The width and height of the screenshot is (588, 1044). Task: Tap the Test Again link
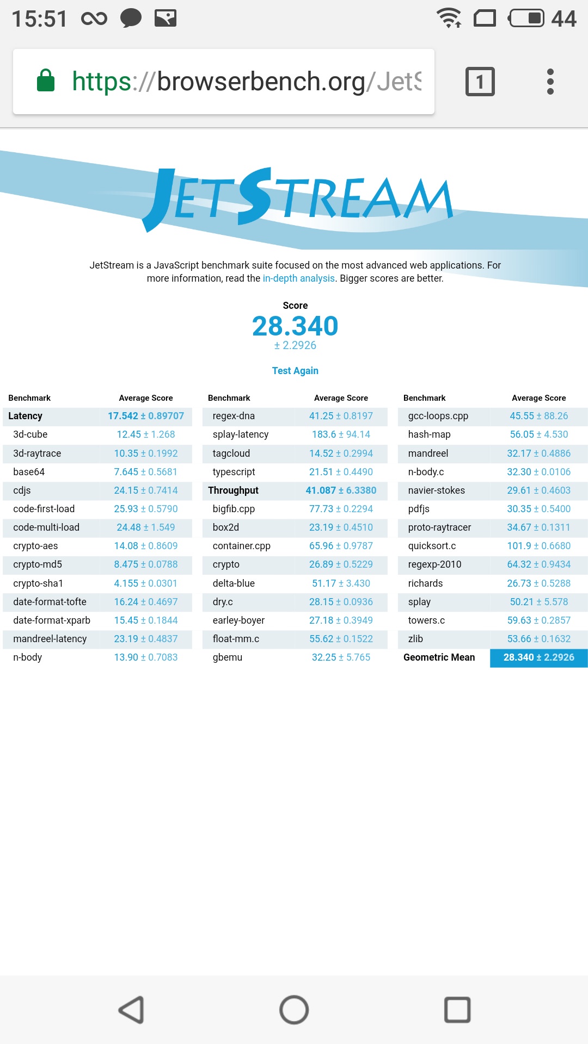pyautogui.click(x=295, y=371)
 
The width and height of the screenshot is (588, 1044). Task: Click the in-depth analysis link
pyautogui.click(x=298, y=278)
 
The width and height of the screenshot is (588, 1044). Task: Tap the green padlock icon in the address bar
pyautogui.click(x=46, y=80)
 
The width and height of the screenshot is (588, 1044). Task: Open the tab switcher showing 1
pyautogui.click(x=480, y=82)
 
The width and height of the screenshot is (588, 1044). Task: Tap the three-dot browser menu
pyautogui.click(x=550, y=82)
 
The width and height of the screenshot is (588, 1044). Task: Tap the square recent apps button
pyautogui.click(x=457, y=1010)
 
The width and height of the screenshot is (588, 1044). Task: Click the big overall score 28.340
pyautogui.click(x=295, y=326)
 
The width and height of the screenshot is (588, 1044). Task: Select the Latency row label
pyautogui.click(x=25, y=416)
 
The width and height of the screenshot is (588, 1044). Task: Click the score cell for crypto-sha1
pyautogui.click(x=145, y=583)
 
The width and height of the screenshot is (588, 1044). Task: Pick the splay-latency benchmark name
pyautogui.click(x=241, y=434)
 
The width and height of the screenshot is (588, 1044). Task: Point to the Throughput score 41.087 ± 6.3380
pyautogui.click(x=341, y=490)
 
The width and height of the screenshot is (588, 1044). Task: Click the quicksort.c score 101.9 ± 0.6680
pyautogui.click(x=538, y=546)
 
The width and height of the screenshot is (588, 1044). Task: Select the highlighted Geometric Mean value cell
pyautogui.click(x=538, y=657)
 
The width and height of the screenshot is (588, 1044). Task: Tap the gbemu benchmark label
pyautogui.click(x=228, y=657)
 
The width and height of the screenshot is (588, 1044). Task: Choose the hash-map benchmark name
pyautogui.click(x=429, y=434)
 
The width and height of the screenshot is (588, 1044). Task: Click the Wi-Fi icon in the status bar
pyautogui.click(x=449, y=18)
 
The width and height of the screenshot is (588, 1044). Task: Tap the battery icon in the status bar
pyautogui.click(x=526, y=18)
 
